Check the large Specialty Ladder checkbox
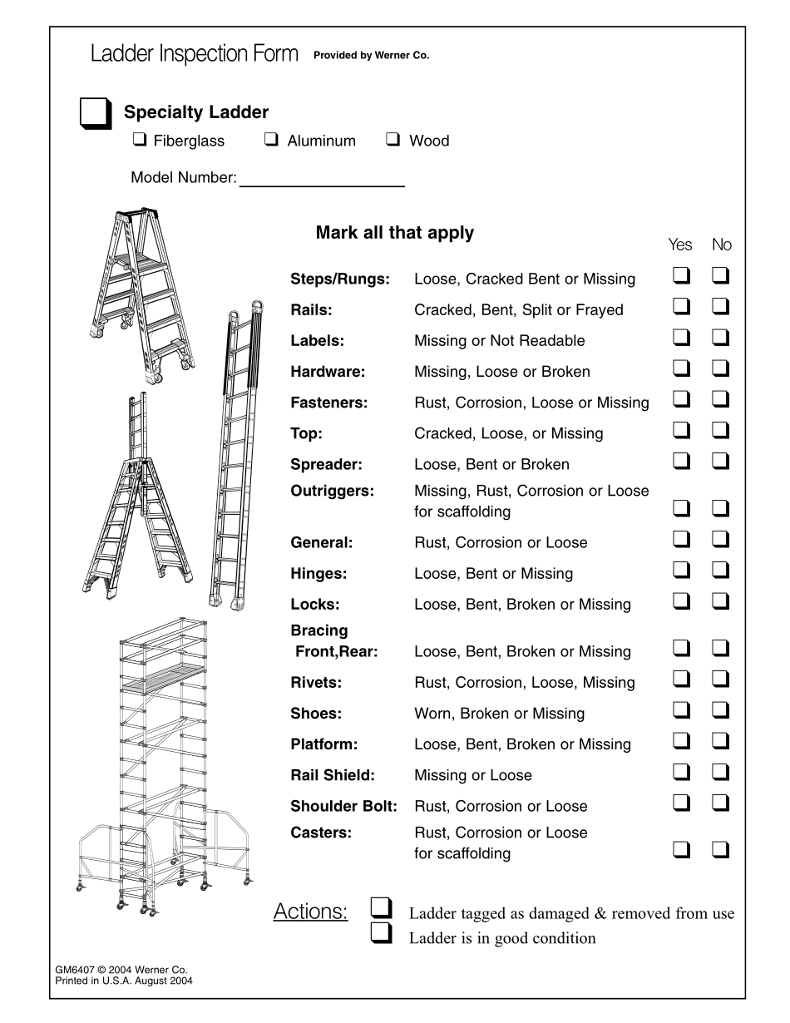(94, 113)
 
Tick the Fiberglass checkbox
(139, 140)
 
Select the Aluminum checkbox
(272, 140)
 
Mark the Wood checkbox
(393, 140)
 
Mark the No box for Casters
(721, 849)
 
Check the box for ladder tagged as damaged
(382, 907)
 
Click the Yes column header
(680, 245)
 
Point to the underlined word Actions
(310, 912)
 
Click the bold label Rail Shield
(333, 775)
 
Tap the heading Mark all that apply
(394, 233)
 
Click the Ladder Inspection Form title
(194, 55)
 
